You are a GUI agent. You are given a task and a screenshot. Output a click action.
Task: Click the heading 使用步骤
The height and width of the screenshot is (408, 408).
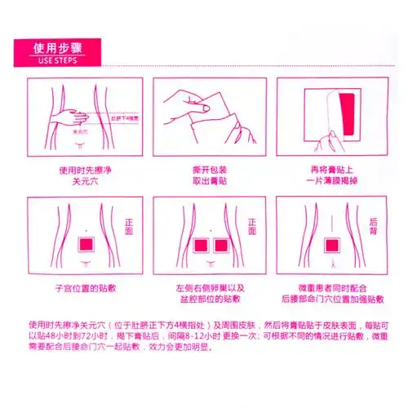click(x=55, y=47)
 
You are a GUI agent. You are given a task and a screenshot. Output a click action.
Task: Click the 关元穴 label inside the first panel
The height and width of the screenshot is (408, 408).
click(x=80, y=131)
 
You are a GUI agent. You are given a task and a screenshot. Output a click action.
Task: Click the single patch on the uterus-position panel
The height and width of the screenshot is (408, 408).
click(x=86, y=245)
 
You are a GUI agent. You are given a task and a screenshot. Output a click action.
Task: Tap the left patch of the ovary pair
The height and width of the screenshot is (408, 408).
click(x=197, y=245)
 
